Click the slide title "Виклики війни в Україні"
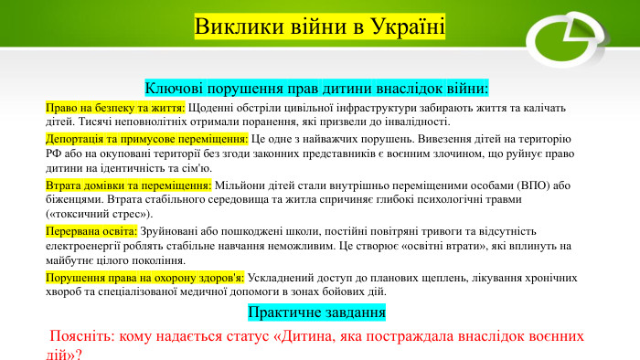(x=320, y=26)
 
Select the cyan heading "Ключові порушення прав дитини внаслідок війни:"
(x=317, y=89)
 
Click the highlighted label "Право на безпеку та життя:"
(x=116, y=108)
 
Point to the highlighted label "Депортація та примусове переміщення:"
(x=147, y=139)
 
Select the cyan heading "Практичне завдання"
(x=316, y=312)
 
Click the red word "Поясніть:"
(x=85, y=336)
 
